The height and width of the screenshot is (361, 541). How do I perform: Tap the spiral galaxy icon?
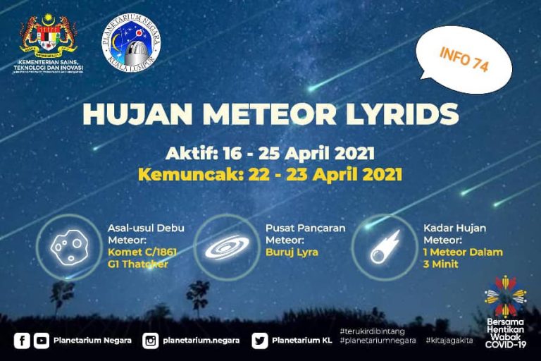coord(226,247)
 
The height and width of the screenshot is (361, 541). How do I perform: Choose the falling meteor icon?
coord(385,247)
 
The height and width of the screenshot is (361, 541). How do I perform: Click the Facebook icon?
coord(23,341)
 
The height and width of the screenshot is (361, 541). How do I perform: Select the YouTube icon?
coord(42,341)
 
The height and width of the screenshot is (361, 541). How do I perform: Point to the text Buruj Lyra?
coord(292,252)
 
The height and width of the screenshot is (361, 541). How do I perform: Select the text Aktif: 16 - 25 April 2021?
coord(270,152)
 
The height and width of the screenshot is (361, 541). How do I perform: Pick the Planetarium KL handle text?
coord(301,341)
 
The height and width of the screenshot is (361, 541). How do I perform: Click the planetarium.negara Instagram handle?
coord(201,341)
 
